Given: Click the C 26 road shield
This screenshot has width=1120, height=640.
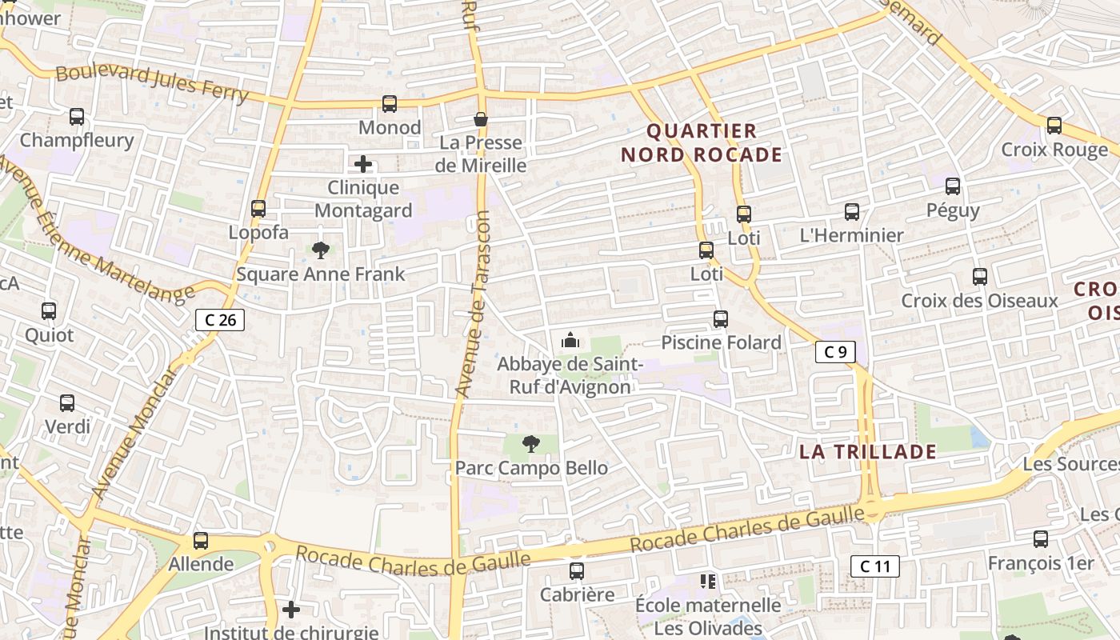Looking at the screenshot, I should tap(220, 320).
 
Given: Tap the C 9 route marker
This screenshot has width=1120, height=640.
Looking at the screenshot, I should tap(835, 352).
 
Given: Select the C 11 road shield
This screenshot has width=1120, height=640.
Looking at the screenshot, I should tap(874, 566).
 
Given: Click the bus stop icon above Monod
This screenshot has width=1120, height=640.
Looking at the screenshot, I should tap(390, 103).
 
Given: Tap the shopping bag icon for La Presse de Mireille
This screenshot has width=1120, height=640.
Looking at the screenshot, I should tap(481, 119).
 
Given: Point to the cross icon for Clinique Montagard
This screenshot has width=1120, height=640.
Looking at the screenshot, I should tap(363, 164).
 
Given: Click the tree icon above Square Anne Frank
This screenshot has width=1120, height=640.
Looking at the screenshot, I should tap(321, 250).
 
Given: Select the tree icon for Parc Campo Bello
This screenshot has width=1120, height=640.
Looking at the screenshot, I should tap(530, 444).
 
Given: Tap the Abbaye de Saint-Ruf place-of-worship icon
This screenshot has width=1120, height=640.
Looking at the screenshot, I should tap(570, 341).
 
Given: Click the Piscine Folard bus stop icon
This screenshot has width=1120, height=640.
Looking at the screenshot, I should tap(721, 319).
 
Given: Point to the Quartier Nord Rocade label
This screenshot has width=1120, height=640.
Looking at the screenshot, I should tap(702, 143).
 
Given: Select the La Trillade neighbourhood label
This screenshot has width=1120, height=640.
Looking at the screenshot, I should tap(868, 452).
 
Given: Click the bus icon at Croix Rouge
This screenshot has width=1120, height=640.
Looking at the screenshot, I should tap(1054, 126).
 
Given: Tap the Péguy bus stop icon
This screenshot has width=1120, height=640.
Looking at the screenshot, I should tap(953, 186).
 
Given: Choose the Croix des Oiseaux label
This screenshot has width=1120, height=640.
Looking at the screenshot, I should tap(979, 301).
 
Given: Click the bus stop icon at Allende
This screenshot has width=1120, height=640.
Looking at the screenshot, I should tap(201, 541).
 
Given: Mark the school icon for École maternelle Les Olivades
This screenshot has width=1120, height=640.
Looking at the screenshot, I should tap(707, 581).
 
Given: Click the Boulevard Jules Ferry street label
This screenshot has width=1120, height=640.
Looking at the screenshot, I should tap(152, 82).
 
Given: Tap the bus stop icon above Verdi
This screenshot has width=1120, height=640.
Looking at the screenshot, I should tap(67, 403).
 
